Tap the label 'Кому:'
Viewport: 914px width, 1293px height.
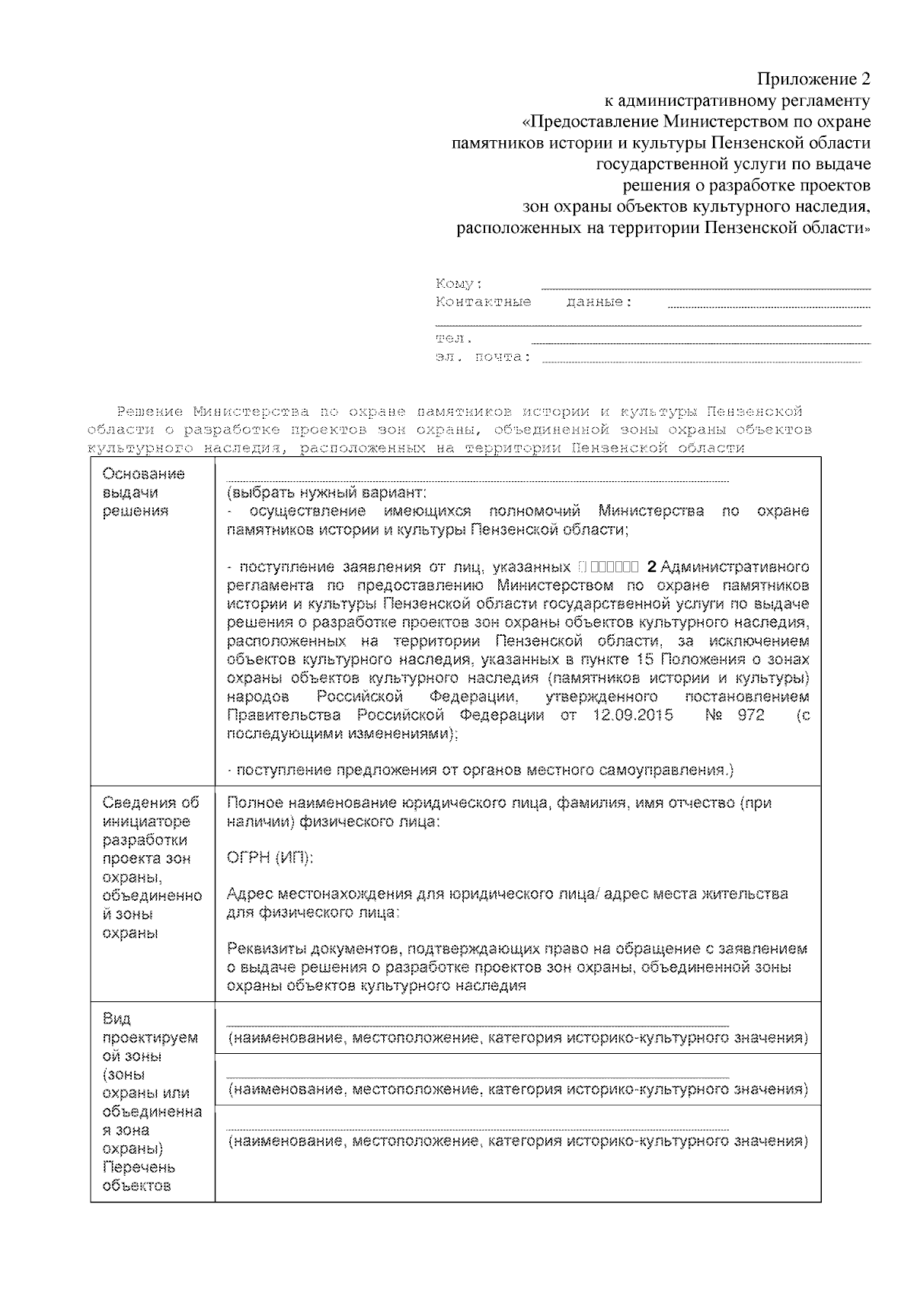tap(459, 284)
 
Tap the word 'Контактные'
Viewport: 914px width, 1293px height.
tap(483, 302)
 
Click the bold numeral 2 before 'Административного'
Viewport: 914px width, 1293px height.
tap(650, 567)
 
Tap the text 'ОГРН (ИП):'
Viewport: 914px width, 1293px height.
tap(270, 857)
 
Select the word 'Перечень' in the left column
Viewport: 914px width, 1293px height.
tap(139, 1167)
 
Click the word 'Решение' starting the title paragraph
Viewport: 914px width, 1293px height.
tap(149, 412)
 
